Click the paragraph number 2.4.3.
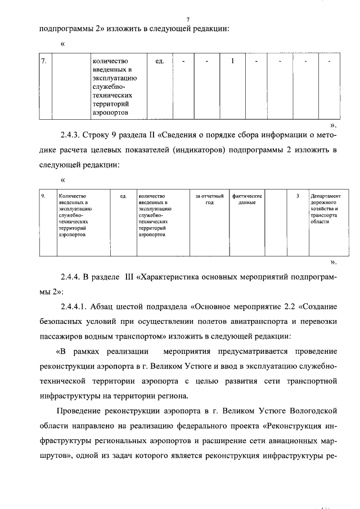71,137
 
